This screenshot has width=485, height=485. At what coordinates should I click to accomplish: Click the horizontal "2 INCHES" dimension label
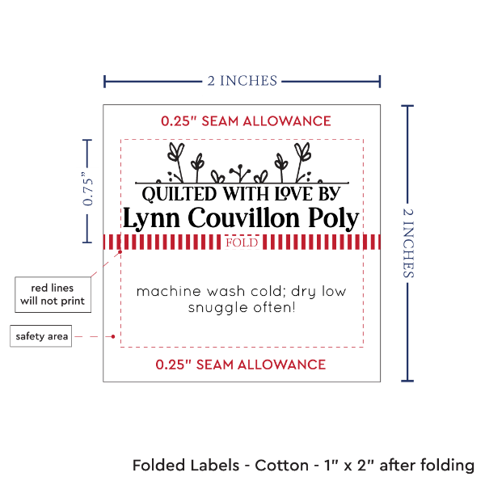[242, 80]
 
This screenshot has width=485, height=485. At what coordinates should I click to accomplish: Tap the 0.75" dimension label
[89, 190]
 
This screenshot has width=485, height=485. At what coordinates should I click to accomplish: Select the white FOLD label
[242, 242]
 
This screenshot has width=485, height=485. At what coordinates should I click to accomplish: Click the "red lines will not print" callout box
[52, 294]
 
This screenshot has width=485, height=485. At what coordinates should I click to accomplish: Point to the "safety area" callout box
[40, 335]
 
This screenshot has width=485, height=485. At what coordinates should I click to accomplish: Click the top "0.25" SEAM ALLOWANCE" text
[246, 121]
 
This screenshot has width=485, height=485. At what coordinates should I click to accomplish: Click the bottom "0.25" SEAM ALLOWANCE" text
[241, 365]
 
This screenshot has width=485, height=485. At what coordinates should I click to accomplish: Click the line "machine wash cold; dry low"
[241, 291]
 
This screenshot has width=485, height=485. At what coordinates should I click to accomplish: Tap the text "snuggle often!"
[241, 308]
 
